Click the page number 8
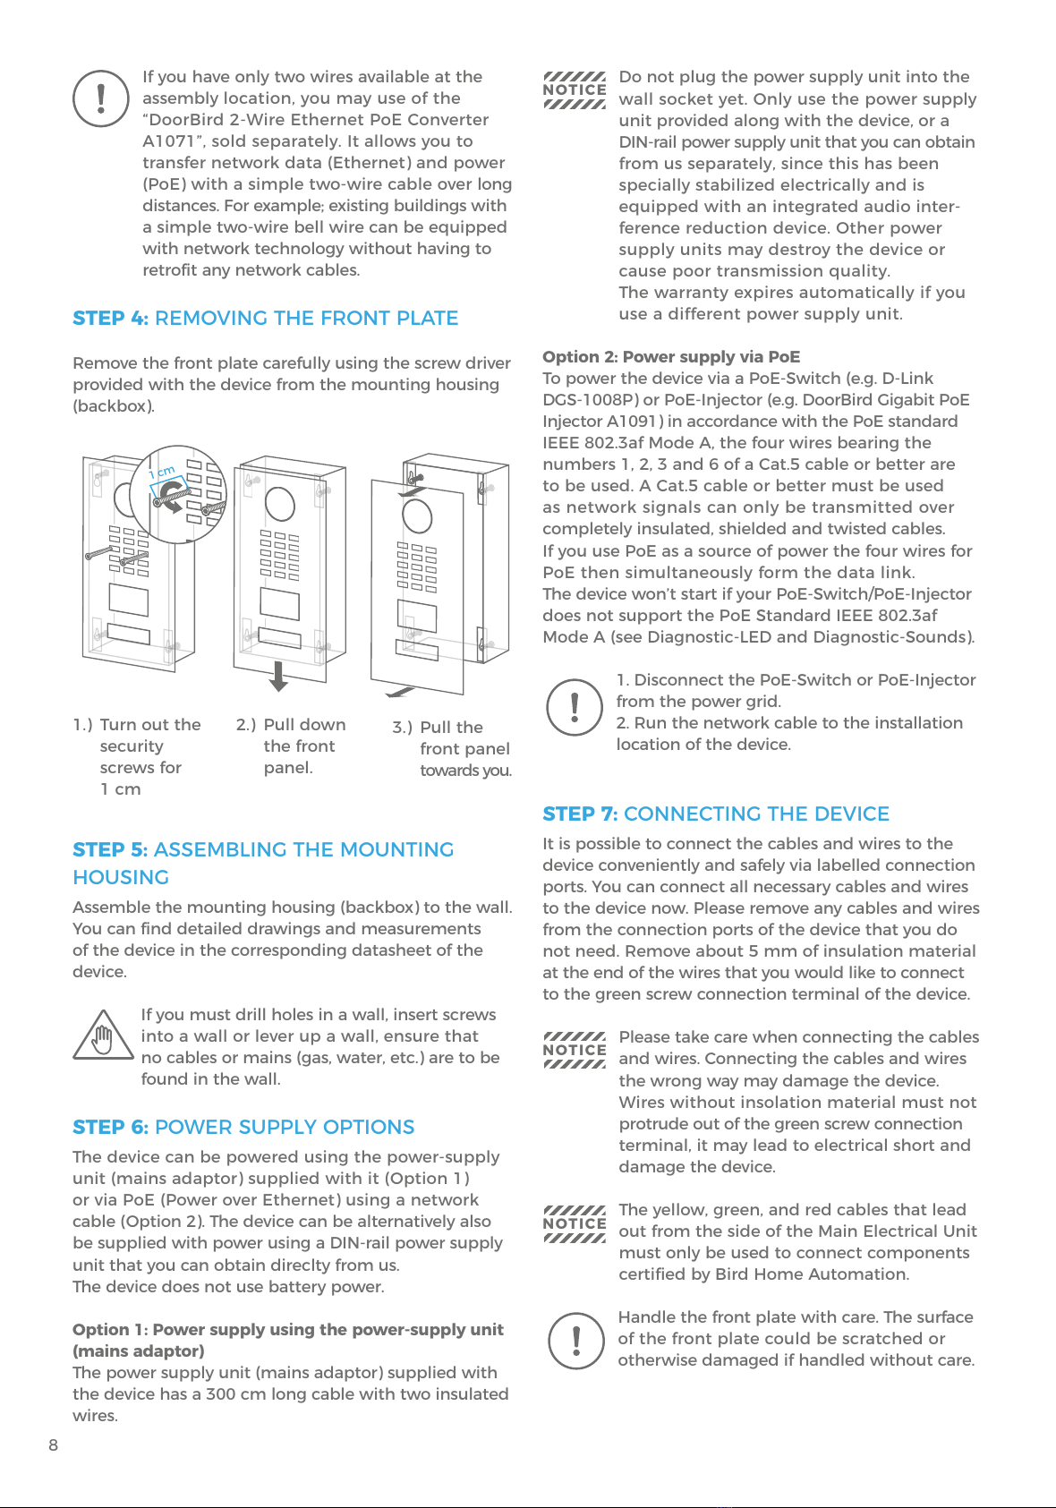pos(54,1444)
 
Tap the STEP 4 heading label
pos(110,318)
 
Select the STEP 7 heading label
pos(580,814)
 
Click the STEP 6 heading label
pos(110,1127)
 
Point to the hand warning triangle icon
pos(103,1036)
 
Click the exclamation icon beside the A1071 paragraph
pos(101,98)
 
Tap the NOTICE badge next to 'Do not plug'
pos(575,90)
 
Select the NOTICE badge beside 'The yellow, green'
pos(575,1223)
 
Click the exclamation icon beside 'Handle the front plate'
pos(576,1340)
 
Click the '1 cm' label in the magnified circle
pos(162,472)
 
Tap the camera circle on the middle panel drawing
pos(280,504)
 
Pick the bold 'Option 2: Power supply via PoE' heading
pos(671,356)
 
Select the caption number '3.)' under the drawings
pos(402,728)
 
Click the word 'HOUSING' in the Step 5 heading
pos(121,877)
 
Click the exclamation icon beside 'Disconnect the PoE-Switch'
pos(575,707)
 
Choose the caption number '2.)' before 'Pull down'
pos(246,725)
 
